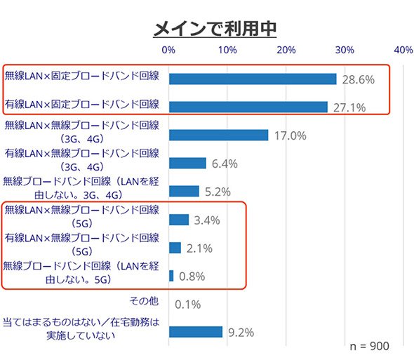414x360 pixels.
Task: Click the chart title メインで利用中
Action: tap(215, 29)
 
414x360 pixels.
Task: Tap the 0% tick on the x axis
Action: tap(168, 50)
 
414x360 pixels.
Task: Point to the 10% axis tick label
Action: tap(227, 50)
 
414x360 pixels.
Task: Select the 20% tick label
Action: tap(286, 50)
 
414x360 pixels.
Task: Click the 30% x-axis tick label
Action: tap(345, 50)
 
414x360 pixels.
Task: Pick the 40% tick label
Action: tap(403, 50)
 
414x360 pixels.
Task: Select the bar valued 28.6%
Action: tap(253, 79)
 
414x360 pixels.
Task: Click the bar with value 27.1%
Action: tap(248, 107)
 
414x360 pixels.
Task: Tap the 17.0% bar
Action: tap(219, 135)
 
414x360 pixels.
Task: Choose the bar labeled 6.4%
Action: tap(188, 164)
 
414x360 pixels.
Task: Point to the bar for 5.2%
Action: tap(184, 191)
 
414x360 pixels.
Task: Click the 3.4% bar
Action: tap(179, 220)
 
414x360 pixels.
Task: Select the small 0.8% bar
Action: tap(171, 276)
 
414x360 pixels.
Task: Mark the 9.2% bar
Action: tap(196, 332)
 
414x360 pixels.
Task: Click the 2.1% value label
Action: tap(199, 248)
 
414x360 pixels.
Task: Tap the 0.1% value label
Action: tap(188, 305)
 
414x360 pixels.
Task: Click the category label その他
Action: tap(144, 301)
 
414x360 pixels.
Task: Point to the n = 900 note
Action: tap(369, 346)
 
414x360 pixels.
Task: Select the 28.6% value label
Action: tap(359, 79)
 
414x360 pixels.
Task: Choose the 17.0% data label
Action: tap(291, 135)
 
